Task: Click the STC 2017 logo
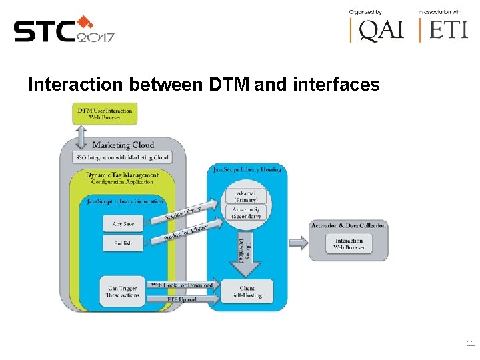pyautogui.click(x=64, y=29)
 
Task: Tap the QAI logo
pyautogui.click(x=377, y=29)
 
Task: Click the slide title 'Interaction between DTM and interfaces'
pyautogui.click(x=203, y=85)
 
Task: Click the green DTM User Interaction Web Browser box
pyautogui.click(x=105, y=114)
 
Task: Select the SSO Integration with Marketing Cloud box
pyautogui.click(x=123, y=157)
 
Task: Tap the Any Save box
pyautogui.click(x=123, y=224)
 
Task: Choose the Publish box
pyautogui.click(x=123, y=243)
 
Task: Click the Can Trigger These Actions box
pyautogui.click(x=123, y=292)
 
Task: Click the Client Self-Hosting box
pyautogui.click(x=247, y=292)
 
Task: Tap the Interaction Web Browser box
pyautogui.click(x=349, y=244)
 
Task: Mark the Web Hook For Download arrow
pyautogui.click(x=181, y=285)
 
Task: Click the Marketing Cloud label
pyautogui.click(x=123, y=145)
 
